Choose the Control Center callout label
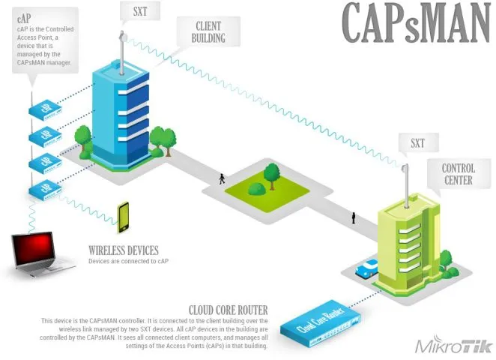click(458, 174)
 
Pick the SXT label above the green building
click(417, 142)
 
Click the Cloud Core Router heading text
click(229, 310)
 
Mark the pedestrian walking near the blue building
click(221, 179)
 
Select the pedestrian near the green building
click(353, 218)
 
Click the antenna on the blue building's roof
click(121, 49)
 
